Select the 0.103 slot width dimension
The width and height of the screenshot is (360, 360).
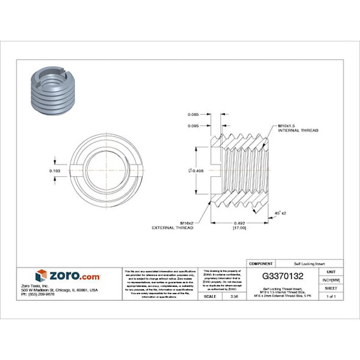tap(54, 171)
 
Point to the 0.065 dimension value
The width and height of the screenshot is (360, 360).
tap(194, 115)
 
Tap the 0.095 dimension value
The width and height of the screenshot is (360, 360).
tap(194, 126)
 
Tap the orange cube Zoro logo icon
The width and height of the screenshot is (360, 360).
tap(41, 275)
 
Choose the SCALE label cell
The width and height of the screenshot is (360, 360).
tap(211, 296)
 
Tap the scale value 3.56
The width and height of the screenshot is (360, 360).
tap(234, 296)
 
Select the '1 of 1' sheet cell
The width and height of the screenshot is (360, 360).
tap(331, 296)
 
